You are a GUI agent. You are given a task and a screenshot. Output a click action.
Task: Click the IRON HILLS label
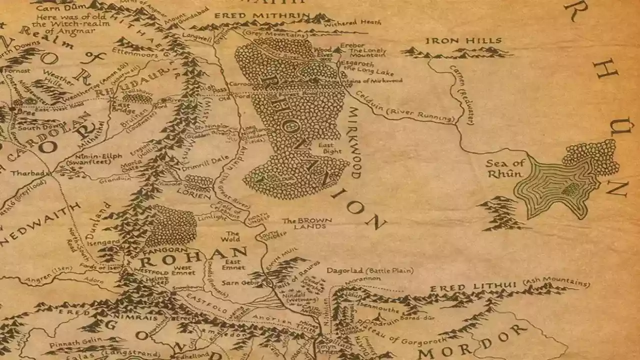(463, 40)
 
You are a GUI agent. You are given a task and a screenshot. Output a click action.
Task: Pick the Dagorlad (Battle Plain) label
(370, 270)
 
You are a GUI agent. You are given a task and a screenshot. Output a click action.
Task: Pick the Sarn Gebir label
(235, 282)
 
